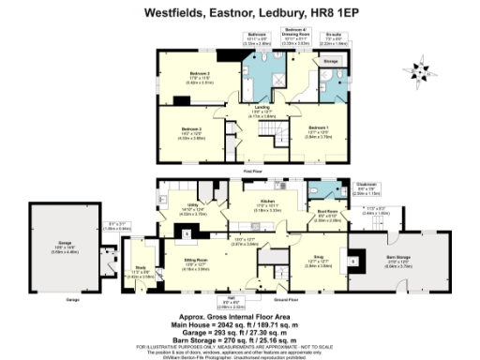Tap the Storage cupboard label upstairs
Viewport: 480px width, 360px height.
[330, 63]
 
